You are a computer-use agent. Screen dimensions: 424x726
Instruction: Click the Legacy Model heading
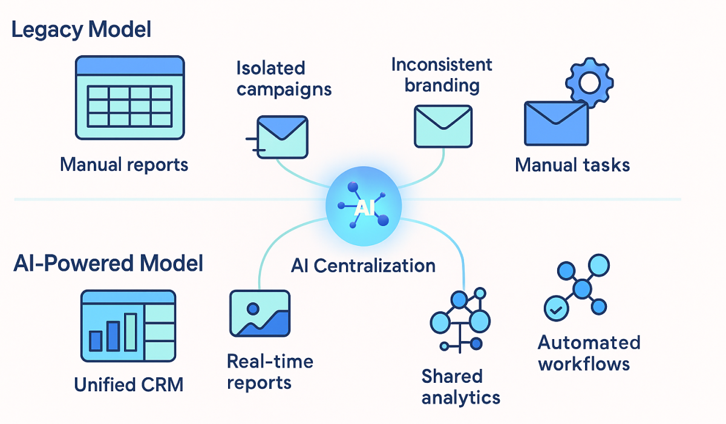pyautogui.click(x=81, y=30)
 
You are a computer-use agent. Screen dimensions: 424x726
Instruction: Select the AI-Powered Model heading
pyautogui.click(x=108, y=263)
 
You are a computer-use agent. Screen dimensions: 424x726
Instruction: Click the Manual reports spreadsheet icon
pyautogui.click(x=129, y=98)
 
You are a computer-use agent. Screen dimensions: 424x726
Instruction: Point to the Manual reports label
pyautogui.click(x=124, y=164)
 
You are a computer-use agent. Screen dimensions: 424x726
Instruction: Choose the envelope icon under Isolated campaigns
pyautogui.click(x=282, y=137)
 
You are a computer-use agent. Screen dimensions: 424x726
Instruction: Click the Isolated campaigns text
pyautogui.click(x=284, y=79)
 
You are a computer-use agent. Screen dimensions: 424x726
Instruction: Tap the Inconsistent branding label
pyautogui.click(x=442, y=75)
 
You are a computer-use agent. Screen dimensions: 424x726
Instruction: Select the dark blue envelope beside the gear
pyautogui.click(x=556, y=123)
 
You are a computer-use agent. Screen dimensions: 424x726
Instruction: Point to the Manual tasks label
pyautogui.click(x=572, y=165)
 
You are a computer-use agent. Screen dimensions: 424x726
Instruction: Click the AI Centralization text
pyautogui.click(x=363, y=265)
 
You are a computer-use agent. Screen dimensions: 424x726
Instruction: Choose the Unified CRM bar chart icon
pyautogui.click(x=128, y=325)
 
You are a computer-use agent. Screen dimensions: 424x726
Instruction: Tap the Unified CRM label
pyautogui.click(x=128, y=385)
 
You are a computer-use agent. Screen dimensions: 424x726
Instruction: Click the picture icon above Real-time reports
pyautogui.click(x=260, y=313)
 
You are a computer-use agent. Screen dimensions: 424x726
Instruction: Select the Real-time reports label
pyautogui.click(x=270, y=372)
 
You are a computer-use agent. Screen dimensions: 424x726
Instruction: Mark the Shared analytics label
pyautogui.click(x=460, y=386)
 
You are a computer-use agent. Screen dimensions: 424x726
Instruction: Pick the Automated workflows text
pyautogui.click(x=589, y=353)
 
